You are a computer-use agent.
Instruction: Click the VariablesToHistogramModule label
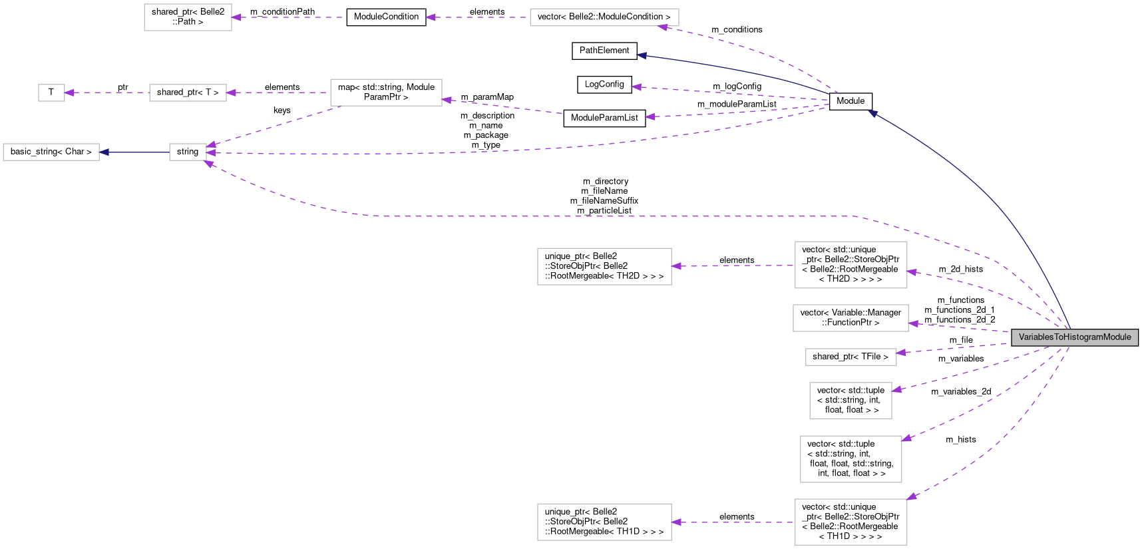click(1074, 337)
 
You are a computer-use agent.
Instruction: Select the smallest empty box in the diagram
click(51, 93)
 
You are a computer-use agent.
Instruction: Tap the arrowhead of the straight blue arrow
click(104, 152)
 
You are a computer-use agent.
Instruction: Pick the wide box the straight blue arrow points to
click(51, 152)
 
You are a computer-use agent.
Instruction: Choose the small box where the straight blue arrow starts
click(188, 152)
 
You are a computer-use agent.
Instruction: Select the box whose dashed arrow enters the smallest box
click(188, 93)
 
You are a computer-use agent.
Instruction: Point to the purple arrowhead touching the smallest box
click(69, 93)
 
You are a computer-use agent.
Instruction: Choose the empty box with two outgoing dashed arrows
click(386, 92)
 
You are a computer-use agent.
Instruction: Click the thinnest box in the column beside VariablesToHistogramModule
click(851, 357)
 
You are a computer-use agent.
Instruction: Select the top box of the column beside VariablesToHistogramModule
click(851, 265)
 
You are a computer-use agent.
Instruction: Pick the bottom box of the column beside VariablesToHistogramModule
click(851, 522)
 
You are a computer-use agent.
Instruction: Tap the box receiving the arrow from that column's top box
click(604, 267)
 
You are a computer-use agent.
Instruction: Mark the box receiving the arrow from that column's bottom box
click(604, 522)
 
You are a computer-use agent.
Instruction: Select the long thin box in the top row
click(604, 17)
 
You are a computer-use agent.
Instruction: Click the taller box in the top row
click(188, 17)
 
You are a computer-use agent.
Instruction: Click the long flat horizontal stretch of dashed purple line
click(599, 216)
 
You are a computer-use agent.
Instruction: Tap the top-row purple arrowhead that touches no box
click(431, 17)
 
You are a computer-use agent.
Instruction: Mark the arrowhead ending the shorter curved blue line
click(642, 56)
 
